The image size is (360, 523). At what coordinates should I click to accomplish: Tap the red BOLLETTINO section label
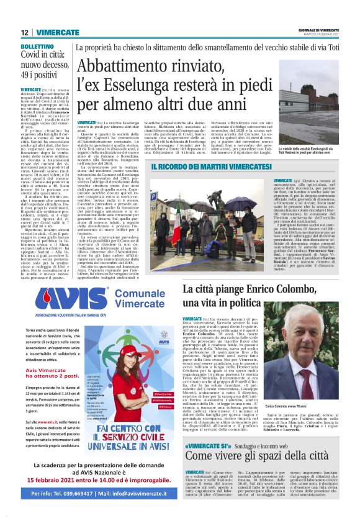pos(38,47)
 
